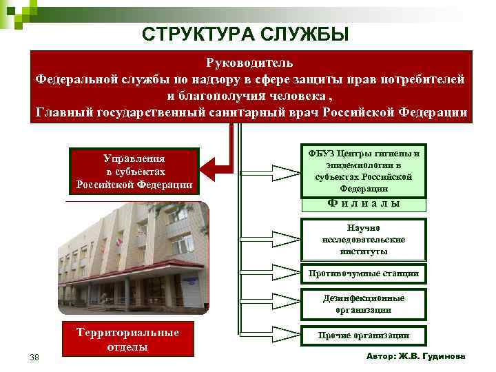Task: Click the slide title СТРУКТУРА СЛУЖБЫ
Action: [x=245, y=33]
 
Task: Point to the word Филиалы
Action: [x=364, y=203]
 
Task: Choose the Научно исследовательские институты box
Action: [x=364, y=239]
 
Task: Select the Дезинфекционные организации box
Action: [x=364, y=304]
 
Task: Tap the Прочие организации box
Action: [x=364, y=335]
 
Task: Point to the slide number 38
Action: [x=34, y=357]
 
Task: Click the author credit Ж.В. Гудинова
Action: [x=416, y=356]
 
